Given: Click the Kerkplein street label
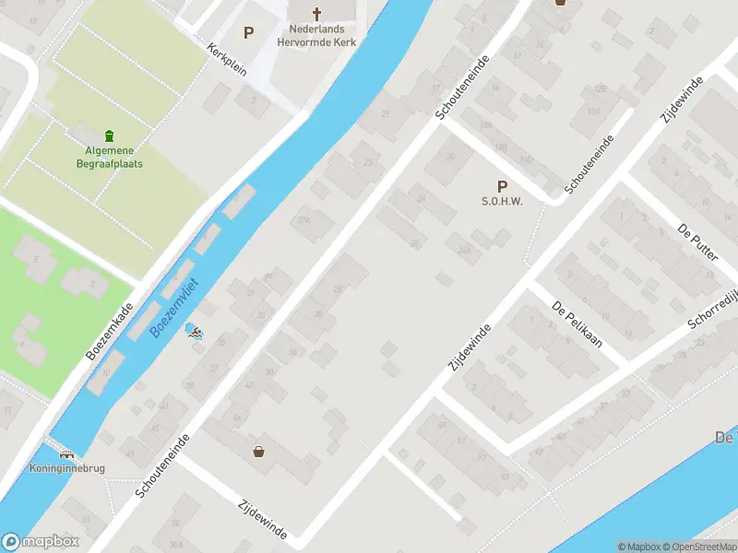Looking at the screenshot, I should [x=227, y=60].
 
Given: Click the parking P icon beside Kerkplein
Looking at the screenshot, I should [x=248, y=33].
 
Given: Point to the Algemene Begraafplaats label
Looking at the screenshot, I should [x=110, y=158].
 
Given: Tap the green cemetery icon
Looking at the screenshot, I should [x=110, y=135].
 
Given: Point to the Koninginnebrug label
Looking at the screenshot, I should [x=67, y=468].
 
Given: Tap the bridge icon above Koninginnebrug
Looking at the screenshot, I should [x=66, y=453].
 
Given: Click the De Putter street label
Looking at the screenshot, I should [x=697, y=241].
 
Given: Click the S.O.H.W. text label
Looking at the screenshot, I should [x=502, y=202].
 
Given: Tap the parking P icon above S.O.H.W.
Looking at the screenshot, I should [x=502, y=186].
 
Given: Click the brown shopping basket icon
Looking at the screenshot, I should [x=259, y=452].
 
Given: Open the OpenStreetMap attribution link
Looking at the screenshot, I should [x=702, y=547].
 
